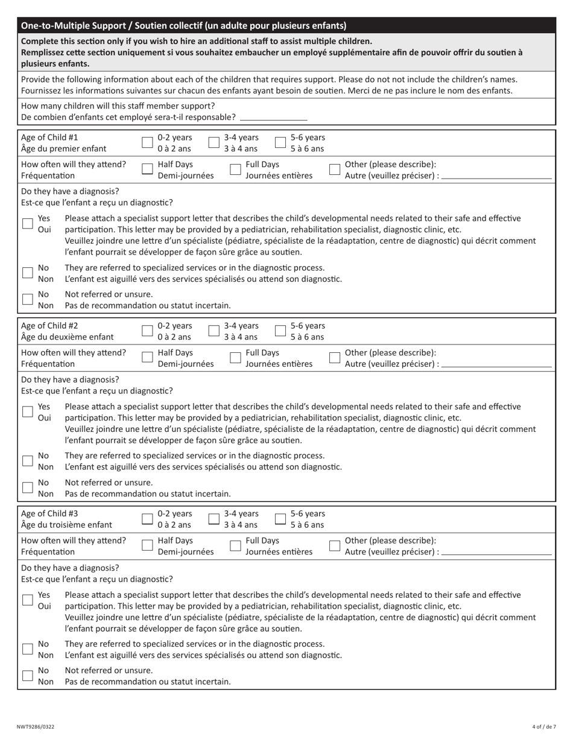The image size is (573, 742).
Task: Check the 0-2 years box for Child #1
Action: [147, 142]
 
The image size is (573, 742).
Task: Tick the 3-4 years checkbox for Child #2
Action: [214, 331]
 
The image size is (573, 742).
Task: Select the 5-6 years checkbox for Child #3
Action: [280, 519]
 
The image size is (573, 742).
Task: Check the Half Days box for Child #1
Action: [147, 170]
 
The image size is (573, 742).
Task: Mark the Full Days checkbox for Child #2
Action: [236, 358]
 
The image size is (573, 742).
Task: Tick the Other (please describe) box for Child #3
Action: [335, 546]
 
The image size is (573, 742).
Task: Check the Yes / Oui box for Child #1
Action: [28, 223]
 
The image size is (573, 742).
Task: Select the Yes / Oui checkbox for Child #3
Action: [28, 600]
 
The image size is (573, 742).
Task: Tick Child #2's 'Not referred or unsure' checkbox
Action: [28, 487]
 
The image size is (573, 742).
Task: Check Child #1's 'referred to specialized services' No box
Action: [28, 273]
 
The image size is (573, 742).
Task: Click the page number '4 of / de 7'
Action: [544, 726]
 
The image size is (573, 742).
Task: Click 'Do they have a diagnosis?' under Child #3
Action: [70, 568]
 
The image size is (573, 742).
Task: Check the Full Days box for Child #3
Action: [236, 546]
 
